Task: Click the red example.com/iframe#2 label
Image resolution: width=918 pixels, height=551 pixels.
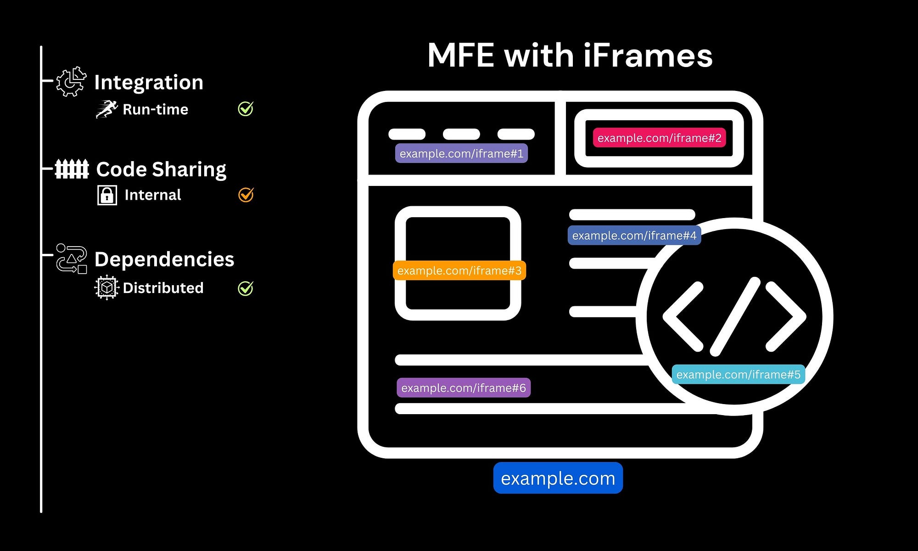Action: [659, 138]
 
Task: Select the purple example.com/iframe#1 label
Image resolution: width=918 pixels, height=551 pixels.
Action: [461, 153]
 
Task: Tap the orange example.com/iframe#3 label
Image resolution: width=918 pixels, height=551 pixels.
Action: [459, 270]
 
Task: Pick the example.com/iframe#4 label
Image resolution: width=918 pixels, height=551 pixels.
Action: [634, 236]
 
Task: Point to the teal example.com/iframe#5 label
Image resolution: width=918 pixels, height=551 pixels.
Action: [738, 375]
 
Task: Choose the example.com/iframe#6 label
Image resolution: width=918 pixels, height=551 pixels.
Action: [464, 388]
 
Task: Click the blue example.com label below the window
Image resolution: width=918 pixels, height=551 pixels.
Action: [558, 478]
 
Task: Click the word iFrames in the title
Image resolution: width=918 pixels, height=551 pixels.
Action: [648, 56]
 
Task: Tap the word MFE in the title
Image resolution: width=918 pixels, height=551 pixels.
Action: [460, 56]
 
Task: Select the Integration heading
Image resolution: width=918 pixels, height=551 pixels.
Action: [149, 83]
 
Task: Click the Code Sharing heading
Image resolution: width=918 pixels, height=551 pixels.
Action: [161, 169]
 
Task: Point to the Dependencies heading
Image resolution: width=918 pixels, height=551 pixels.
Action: [164, 259]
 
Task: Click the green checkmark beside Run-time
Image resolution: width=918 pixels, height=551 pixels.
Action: [246, 109]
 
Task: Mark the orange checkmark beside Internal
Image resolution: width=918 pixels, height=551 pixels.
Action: [246, 195]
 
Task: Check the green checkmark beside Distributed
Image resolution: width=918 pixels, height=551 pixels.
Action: [246, 288]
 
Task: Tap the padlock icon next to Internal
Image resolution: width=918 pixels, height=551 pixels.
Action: [107, 195]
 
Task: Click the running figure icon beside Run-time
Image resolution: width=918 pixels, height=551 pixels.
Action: [106, 109]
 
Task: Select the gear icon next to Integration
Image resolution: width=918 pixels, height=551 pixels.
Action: [71, 82]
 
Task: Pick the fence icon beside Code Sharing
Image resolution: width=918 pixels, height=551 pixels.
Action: [72, 169]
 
